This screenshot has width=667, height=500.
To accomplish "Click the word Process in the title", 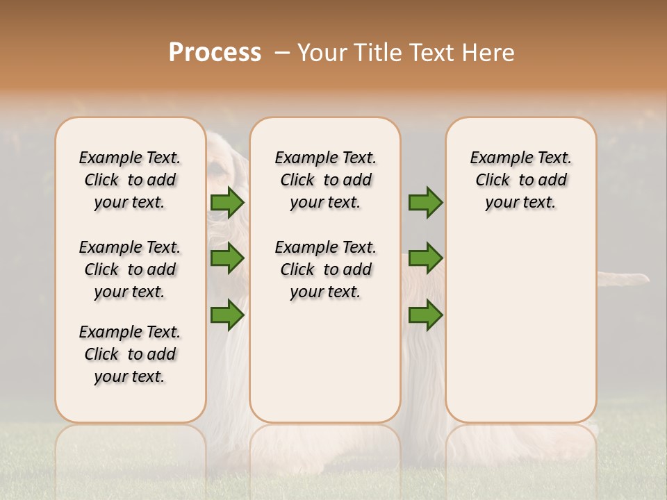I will pos(215,53).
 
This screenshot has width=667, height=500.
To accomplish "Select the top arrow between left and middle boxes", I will pos(227,203).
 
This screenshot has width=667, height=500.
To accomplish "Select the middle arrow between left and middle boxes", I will pos(227,258).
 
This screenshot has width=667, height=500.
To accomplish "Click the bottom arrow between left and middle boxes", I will pos(227,315).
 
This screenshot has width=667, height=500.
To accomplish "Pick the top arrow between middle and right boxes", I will pos(425,203).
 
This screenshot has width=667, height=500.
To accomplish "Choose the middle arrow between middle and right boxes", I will pos(425,258).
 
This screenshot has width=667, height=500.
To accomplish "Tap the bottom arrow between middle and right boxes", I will pos(425,315).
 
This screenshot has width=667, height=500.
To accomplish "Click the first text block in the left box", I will pos(130,180).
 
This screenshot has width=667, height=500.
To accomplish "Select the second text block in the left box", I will pos(130,269).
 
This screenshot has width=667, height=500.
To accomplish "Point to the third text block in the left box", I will pos(130,354).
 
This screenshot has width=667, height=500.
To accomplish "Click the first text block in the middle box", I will pos(325,180).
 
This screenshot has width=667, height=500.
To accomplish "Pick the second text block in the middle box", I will pos(325,269).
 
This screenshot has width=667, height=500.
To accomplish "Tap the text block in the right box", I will pos(520,180).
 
